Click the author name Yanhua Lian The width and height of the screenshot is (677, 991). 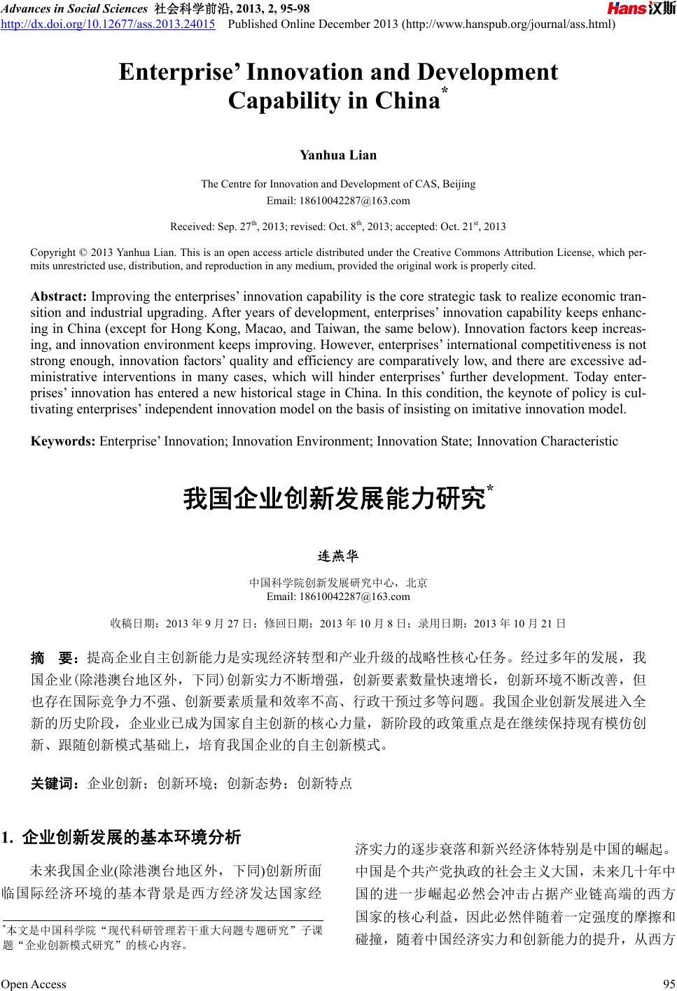338,155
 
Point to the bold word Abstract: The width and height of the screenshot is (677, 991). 59,297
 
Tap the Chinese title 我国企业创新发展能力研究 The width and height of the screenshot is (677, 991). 334,499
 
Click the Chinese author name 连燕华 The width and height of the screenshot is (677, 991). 338,557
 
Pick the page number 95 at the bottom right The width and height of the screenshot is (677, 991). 668,984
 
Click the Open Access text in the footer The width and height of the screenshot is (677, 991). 34,984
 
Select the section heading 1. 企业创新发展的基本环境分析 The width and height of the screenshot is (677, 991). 122,837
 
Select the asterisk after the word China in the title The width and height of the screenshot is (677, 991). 444,92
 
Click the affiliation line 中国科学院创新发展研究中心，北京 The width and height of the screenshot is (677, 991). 338,583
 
